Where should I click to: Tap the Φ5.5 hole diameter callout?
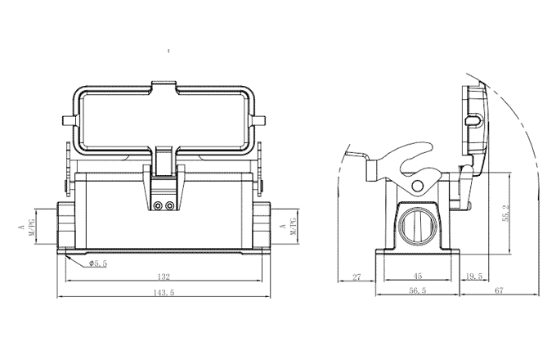click(98, 263)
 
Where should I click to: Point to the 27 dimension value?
click(356, 277)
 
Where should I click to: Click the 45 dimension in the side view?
click(418, 277)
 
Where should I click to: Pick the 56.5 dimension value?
click(418, 290)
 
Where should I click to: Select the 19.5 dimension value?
click(473, 277)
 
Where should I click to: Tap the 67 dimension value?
click(520, 290)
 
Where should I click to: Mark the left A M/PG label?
click(28, 226)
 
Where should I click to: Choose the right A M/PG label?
click(297, 226)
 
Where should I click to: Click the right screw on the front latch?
click(170, 205)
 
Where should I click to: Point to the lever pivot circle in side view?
click(418, 186)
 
